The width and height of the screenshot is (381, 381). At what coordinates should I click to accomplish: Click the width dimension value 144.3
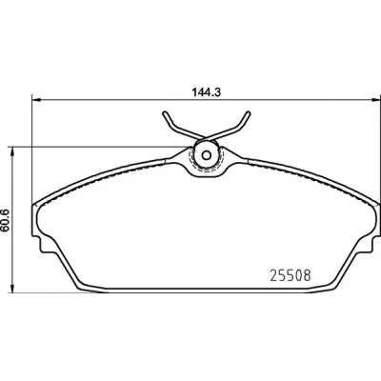pyautogui.click(x=206, y=92)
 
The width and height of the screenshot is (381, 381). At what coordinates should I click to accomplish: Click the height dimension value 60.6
pyautogui.click(x=5, y=219)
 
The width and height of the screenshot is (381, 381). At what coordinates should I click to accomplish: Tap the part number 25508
pyautogui.click(x=291, y=275)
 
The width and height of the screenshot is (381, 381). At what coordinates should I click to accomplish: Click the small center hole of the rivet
pyautogui.click(x=207, y=155)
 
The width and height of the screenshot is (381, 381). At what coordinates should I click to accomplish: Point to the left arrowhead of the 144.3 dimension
pyautogui.click(x=37, y=100)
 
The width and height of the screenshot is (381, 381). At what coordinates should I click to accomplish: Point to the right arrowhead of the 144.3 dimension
pyautogui.click(x=375, y=100)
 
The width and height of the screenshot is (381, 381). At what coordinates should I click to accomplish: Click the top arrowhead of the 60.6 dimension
pyautogui.click(x=12, y=151)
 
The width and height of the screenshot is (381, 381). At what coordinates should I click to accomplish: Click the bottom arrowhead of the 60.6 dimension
pyautogui.click(x=12, y=288)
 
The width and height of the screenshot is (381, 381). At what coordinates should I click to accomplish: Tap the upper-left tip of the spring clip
pyautogui.click(x=165, y=113)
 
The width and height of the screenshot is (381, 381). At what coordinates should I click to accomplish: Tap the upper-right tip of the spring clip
pyautogui.click(x=249, y=113)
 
